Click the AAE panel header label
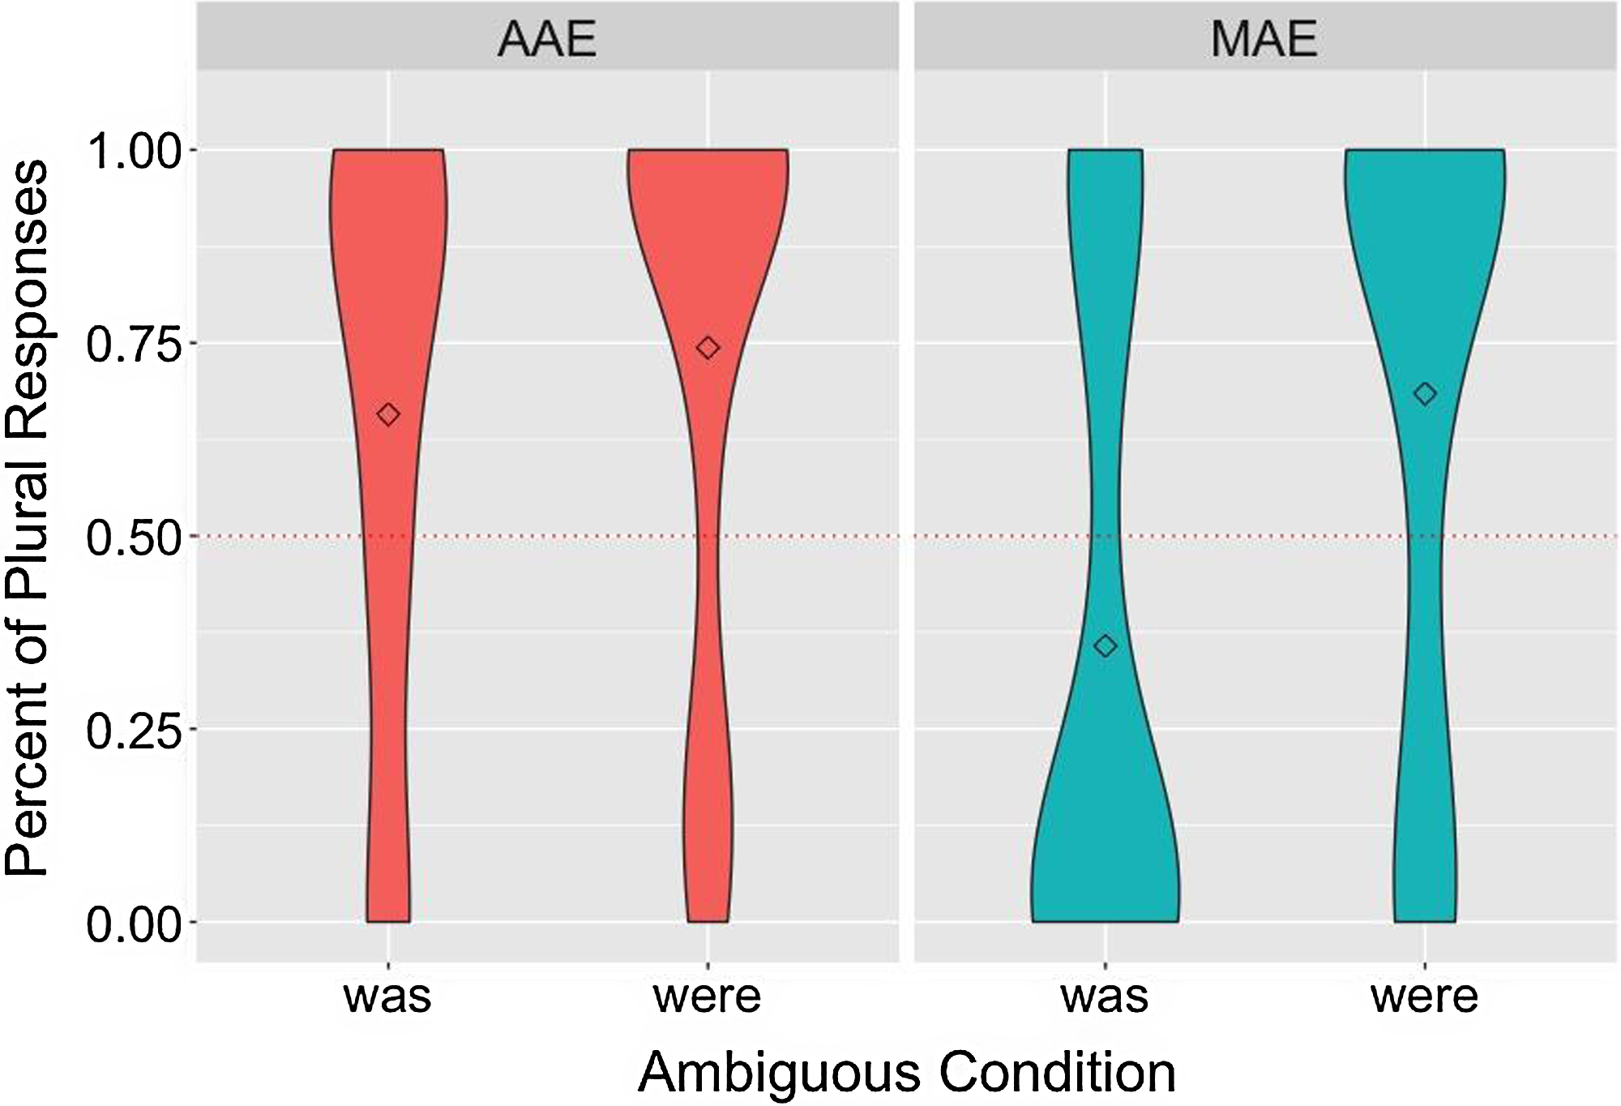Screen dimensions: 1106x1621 point(547,38)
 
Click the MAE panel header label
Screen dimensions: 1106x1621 point(1264,38)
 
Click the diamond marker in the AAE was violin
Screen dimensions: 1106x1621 point(388,414)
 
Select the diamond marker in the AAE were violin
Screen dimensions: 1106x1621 point(708,348)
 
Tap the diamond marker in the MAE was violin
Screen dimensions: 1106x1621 point(1106,646)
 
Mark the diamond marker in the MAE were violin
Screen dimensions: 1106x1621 point(1425,394)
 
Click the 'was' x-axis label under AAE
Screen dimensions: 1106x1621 point(388,997)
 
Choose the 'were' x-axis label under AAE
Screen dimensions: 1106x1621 point(708,997)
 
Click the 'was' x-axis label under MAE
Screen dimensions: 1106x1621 point(1105,997)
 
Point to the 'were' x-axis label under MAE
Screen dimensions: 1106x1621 point(1424,997)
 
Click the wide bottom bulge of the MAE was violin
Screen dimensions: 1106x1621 point(1106,876)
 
